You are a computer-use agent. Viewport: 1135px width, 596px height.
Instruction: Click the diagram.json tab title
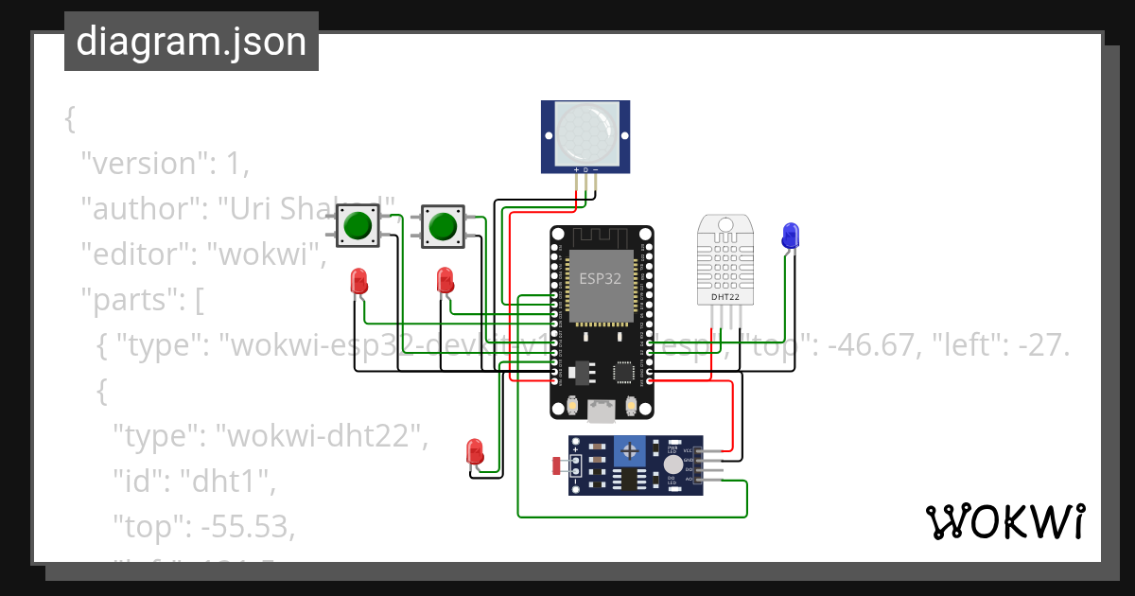coord(191,43)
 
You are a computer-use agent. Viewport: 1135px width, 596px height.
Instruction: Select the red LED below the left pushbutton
coord(358,281)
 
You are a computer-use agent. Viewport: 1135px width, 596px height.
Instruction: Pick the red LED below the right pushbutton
coord(445,280)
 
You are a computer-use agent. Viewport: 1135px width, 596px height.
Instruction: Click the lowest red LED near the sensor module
coord(476,451)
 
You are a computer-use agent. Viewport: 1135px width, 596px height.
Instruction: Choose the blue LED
coord(790,236)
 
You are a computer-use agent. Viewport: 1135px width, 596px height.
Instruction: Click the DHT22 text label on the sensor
coord(726,297)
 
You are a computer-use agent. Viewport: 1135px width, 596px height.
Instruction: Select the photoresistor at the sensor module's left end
coord(558,465)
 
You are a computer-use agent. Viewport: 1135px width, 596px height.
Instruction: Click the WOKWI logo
coord(1004,521)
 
